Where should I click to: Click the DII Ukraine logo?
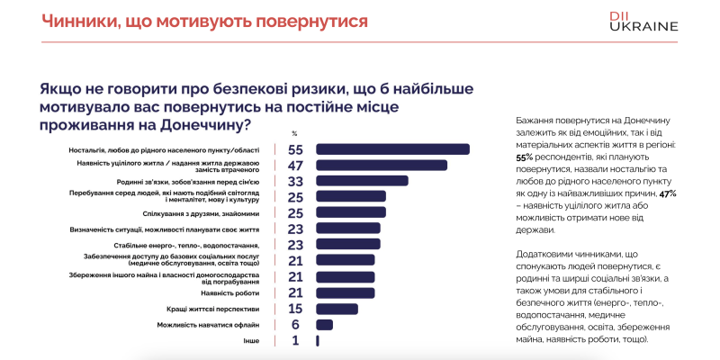pyautogui.click(x=643, y=21)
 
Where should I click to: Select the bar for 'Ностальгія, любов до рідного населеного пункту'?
pyautogui.click(x=392, y=149)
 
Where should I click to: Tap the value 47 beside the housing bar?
pyautogui.click(x=294, y=165)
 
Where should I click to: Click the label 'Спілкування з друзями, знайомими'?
pyautogui.click(x=202, y=213)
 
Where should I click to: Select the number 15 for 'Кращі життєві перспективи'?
pyautogui.click(x=294, y=309)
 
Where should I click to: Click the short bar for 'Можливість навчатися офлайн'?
pyautogui.click(x=324, y=325)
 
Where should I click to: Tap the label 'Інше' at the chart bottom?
pyautogui.click(x=252, y=341)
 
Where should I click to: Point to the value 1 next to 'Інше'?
pyautogui.click(x=295, y=341)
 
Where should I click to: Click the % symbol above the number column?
pyautogui.click(x=294, y=133)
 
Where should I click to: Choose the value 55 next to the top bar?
pyautogui.click(x=294, y=149)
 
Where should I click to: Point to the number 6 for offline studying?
pyautogui.click(x=294, y=325)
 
